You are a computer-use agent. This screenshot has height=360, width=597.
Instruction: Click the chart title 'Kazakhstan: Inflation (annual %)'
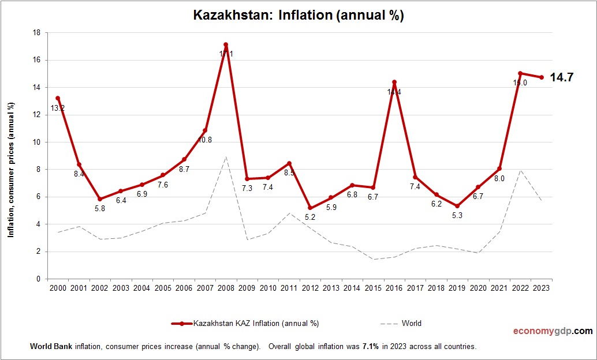click(x=298, y=16)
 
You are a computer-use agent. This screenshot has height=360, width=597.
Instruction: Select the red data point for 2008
click(x=226, y=44)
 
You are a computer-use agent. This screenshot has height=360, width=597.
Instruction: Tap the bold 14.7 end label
click(x=561, y=77)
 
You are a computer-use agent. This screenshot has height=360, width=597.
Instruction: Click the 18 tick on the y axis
click(x=36, y=33)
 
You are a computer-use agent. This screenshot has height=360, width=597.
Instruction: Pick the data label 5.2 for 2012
click(x=310, y=217)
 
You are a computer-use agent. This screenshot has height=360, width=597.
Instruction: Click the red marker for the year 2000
click(x=58, y=98)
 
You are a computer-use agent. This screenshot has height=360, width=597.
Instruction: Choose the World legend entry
click(x=411, y=324)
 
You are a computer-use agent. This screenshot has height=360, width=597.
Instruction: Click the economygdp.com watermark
click(x=553, y=331)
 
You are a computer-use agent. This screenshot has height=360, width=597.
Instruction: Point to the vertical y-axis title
click(x=10, y=170)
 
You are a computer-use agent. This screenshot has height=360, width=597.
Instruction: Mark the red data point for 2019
click(x=457, y=206)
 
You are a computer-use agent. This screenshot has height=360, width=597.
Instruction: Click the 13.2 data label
click(x=58, y=108)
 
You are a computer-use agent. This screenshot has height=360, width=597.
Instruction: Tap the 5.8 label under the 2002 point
click(x=100, y=208)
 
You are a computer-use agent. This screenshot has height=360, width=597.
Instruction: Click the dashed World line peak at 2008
click(x=226, y=156)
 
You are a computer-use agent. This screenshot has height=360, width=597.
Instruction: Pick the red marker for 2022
click(x=520, y=73)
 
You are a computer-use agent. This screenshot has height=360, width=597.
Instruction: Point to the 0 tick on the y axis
click(x=38, y=279)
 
